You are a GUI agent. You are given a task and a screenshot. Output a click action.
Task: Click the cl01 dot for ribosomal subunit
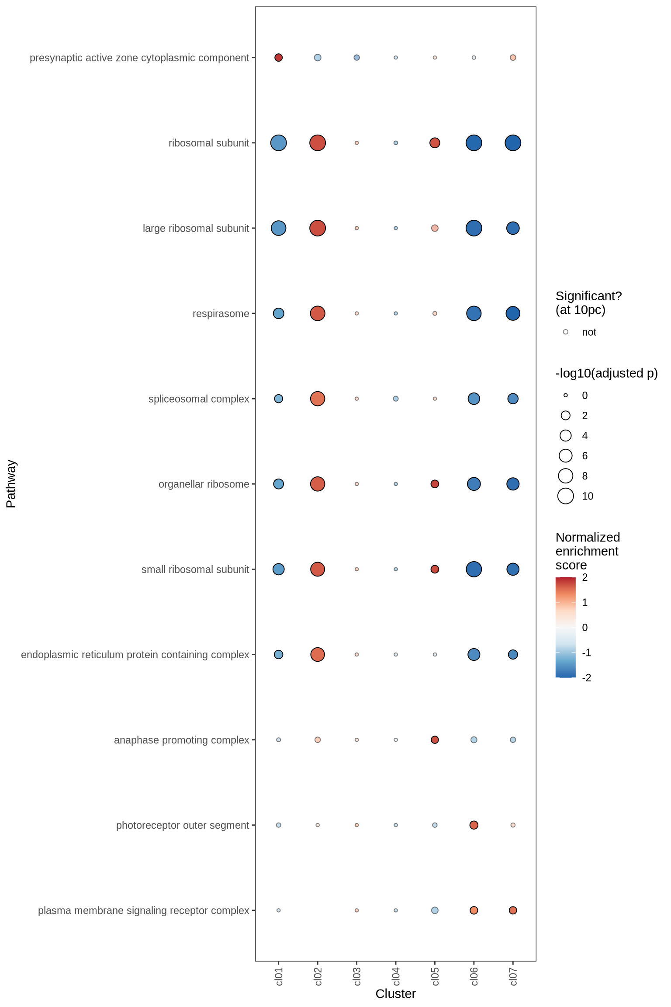(278, 143)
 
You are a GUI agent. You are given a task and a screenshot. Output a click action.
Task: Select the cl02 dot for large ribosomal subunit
(318, 228)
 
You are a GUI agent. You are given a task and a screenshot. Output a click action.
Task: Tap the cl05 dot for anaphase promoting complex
(435, 740)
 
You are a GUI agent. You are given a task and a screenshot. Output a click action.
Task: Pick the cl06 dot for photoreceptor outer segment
(474, 825)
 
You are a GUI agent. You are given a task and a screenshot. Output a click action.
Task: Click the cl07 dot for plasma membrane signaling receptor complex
(513, 910)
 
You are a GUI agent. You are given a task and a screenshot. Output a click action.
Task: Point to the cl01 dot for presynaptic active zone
(278, 58)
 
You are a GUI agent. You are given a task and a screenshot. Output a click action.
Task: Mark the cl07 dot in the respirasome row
(513, 313)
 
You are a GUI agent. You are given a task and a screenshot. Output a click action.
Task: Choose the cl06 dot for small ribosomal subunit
(474, 569)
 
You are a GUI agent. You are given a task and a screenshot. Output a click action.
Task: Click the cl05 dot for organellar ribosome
(435, 484)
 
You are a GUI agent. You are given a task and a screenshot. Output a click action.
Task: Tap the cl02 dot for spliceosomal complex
(318, 399)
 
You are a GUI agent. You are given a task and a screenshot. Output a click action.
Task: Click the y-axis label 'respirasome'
(221, 314)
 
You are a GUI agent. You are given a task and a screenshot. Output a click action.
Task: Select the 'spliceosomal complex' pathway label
(199, 399)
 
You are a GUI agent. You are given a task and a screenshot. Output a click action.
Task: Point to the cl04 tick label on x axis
(396, 976)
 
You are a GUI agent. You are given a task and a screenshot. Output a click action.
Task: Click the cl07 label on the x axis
(513, 976)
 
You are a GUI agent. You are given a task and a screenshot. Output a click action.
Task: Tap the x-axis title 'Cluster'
(395, 994)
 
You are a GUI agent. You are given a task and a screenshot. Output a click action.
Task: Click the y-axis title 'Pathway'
(11, 484)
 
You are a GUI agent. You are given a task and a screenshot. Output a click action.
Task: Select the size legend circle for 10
(565, 496)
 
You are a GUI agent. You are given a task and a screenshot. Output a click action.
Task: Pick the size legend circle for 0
(565, 396)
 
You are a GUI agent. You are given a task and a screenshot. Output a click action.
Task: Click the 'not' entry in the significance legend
(588, 332)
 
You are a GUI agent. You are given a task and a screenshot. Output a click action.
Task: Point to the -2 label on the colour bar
(587, 677)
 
